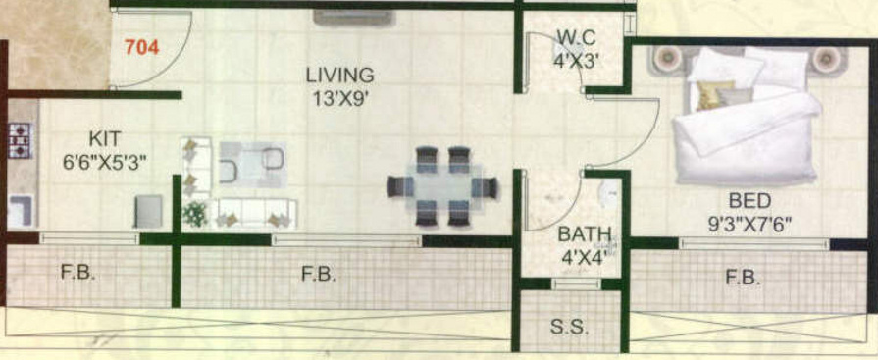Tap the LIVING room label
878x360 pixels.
339,75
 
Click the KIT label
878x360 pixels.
105,140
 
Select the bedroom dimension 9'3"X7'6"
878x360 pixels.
749,223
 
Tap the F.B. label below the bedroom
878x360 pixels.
743,278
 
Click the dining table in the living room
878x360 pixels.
443,185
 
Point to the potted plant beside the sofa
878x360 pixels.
195,212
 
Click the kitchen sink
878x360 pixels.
21,210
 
